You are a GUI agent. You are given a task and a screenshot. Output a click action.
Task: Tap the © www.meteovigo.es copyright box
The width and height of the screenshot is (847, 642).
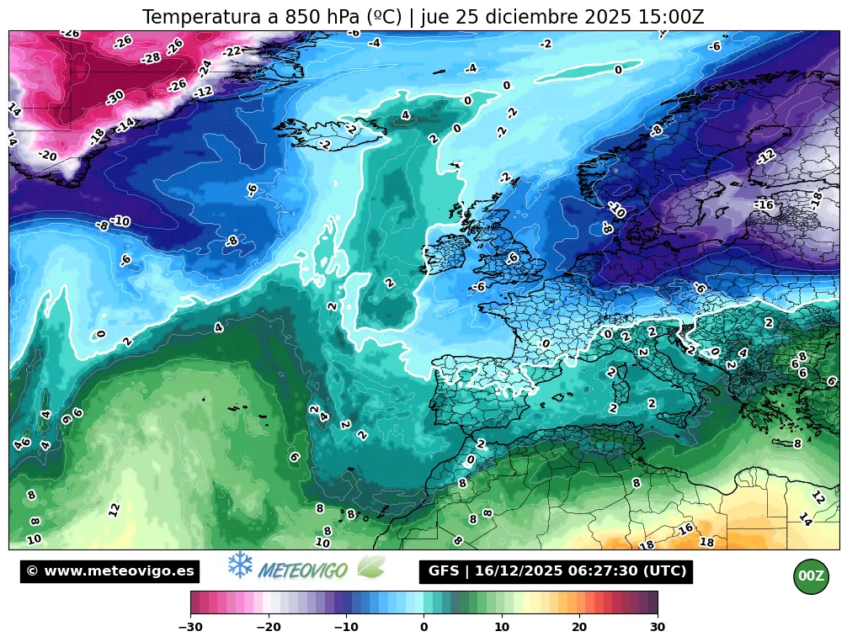[x=110, y=571]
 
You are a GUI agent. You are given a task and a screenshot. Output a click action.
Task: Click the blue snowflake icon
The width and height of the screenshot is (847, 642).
[x=241, y=565]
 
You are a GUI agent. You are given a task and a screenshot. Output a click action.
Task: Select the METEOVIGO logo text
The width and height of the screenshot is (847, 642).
[x=303, y=570]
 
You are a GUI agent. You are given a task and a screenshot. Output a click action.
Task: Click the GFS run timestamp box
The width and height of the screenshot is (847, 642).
[x=556, y=571]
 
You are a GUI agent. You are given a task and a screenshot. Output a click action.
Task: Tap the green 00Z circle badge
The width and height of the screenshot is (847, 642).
[x=811, y=576]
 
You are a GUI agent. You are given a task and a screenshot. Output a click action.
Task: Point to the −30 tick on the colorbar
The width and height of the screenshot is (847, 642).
[x=191, y=627]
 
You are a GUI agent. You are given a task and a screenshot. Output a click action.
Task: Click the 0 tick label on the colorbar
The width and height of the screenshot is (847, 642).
[x=423, y=627]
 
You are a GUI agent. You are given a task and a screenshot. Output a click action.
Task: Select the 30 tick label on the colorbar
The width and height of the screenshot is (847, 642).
[x=658, y=627]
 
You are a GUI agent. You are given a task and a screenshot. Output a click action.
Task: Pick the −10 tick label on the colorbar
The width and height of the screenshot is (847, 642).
[x=346, y=627]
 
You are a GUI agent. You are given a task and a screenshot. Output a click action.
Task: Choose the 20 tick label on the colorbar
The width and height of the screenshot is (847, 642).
[x=579, y=627]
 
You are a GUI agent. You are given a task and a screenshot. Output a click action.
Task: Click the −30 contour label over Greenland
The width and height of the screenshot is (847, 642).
[x=115, y=97]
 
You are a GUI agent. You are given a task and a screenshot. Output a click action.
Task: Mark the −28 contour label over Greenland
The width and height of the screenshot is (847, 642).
[x=151, y=58]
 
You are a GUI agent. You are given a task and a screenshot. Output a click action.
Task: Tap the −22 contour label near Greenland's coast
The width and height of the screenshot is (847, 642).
[x=232, y=52]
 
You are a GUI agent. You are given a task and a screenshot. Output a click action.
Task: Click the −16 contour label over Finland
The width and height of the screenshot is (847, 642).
[x=764, y=204]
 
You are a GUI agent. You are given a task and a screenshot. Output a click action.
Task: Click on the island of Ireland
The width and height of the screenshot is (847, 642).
[x=446, y=252]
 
